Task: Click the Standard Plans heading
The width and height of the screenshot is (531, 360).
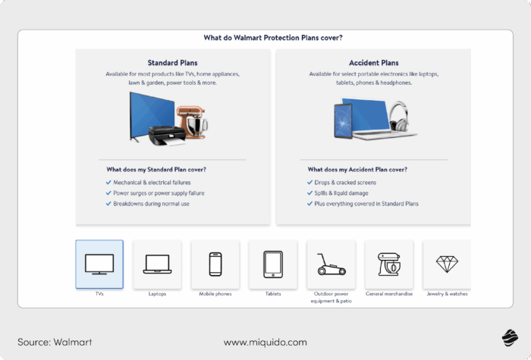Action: (173, 63)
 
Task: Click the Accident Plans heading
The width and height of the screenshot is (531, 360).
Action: (373, 63)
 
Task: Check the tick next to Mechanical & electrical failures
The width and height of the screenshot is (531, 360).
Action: (108, 183)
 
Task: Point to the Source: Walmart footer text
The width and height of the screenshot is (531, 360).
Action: (55, 342)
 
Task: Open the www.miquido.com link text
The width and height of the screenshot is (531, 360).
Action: (265, 342)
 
